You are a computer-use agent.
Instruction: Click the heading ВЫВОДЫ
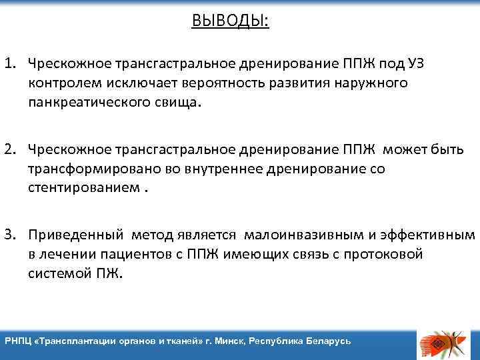(x=230, y=21)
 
